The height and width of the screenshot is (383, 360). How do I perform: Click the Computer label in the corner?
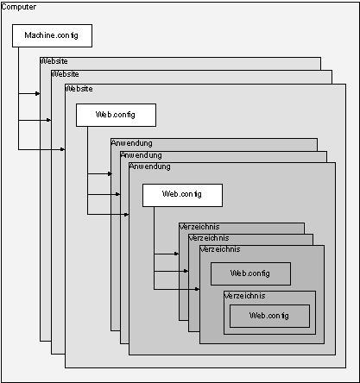click(19, 7)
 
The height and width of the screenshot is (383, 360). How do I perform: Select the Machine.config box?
click(52, 35)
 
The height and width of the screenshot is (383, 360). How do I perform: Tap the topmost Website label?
click(54, 61)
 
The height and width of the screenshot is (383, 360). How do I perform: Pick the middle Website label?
click(66, 74)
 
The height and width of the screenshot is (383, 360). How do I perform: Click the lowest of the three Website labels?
click(79, 89)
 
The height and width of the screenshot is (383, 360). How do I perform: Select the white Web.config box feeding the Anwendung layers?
click(116, 115)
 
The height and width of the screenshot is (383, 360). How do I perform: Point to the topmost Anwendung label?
click(132, 143)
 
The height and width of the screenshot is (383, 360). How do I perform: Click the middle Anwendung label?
click(142, 155)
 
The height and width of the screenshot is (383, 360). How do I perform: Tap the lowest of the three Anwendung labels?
click(150, 166)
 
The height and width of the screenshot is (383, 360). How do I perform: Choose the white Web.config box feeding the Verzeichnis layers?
click(182, 195)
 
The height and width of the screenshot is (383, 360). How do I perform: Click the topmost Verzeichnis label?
click(199, 227)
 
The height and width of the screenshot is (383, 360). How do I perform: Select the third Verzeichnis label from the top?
click(220, 249)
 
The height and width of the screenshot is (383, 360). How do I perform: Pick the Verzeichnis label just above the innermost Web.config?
click(245, 296)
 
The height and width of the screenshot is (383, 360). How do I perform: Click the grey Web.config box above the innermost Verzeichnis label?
click(250, 273)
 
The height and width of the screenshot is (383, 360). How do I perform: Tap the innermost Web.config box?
click(269, 316)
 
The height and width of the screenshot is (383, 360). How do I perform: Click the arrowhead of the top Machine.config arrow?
click(38, 93)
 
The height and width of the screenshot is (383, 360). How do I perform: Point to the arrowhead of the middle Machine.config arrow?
click(49, 120)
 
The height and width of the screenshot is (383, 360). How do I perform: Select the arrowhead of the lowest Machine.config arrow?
click(63, 149)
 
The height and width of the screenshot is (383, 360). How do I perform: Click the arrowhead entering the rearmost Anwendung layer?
click(110, 173)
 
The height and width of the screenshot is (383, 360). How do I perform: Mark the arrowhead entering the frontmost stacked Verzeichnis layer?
click(198, 289)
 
